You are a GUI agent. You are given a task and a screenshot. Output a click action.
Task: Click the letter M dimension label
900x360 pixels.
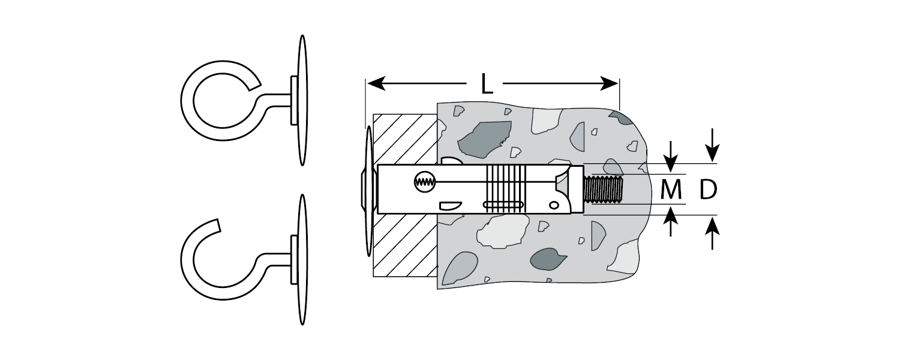(671, 190)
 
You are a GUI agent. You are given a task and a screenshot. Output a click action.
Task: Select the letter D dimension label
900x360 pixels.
(708, 190)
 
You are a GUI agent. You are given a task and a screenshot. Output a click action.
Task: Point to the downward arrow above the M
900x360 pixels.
(671, 157)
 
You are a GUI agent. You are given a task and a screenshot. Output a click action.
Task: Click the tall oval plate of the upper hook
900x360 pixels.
(303, 100)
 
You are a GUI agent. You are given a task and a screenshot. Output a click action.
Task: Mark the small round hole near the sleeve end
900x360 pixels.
(554, 206)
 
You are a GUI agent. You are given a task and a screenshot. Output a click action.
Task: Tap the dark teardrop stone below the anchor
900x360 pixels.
(547, 259)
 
